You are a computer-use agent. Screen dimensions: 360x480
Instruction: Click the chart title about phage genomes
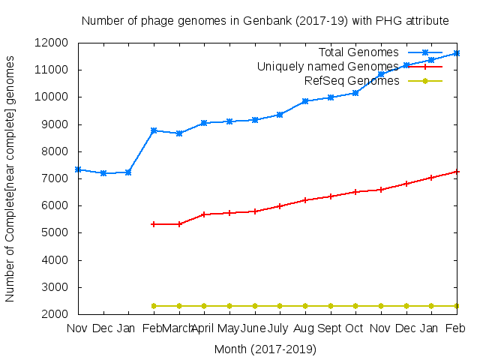coord(265,20)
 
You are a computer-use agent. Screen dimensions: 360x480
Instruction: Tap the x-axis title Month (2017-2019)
coord(265,349)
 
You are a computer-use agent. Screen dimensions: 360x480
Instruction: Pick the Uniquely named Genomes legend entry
coord(328,67)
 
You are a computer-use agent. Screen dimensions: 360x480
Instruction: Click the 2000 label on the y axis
coord(58,314)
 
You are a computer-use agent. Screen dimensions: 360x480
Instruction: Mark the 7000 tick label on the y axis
coord(58,178)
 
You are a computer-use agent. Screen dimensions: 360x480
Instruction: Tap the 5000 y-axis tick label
coord(58,232)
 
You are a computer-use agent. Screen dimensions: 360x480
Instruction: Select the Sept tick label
coord(330,328)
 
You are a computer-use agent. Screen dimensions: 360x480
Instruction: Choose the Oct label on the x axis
coord(355,328)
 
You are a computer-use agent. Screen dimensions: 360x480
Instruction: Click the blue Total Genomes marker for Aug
coord(305,101)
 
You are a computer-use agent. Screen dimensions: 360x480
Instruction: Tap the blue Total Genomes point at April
coord(204,122)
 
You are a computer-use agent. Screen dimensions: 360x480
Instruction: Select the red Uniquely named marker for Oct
coord(355,192)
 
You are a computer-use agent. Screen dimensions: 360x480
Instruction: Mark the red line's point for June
coord(255,211)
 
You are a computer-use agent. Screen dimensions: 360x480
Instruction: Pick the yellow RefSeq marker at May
coord(229,306)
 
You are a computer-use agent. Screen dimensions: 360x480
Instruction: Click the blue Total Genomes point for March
coord(179,133)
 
